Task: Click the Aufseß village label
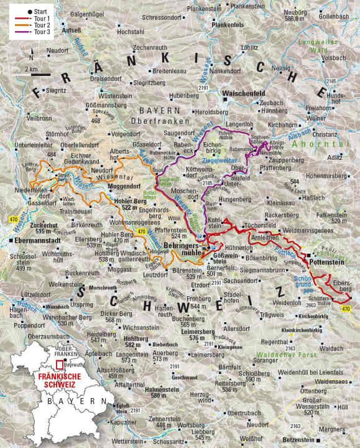click(72, 30)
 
